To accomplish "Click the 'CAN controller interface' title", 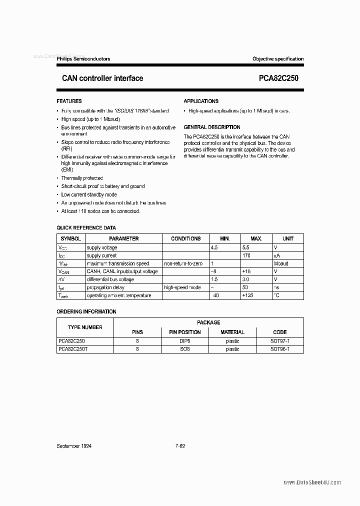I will tap(102, 78).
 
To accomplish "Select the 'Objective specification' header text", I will tap(277, 59).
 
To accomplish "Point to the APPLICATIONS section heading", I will tap(201, 101).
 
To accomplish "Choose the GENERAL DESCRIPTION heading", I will tap(212, 127).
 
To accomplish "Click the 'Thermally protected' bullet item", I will tap(82, 178).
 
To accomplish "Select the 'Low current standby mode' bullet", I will tap(89, 194).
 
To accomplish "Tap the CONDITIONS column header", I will tap(185, 239).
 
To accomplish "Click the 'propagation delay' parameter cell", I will tap(105, 287).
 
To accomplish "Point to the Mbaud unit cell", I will tap(281, 263).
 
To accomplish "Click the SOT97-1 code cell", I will tap(279, 341).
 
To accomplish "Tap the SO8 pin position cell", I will tap(184, 349).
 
